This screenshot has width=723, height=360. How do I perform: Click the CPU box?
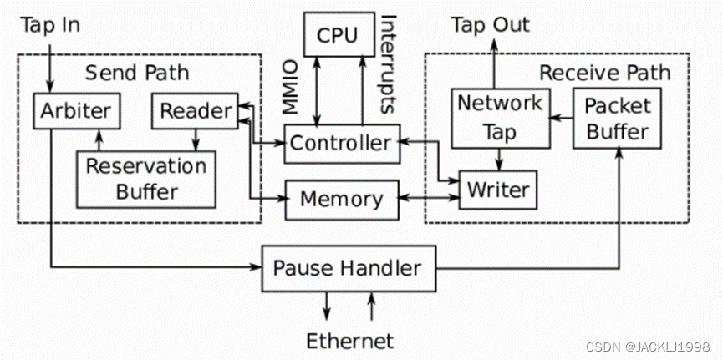[337, 35]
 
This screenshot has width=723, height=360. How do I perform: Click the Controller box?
[339, 143]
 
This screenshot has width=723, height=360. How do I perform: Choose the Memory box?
[341, 200]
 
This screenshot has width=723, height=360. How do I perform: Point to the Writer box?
[497, 190]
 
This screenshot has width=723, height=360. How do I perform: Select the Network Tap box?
[499, 117]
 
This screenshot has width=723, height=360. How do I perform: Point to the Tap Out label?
[491, 25]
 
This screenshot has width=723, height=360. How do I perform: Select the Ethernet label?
[349, 341]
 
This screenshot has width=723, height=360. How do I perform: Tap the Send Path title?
[137, 73]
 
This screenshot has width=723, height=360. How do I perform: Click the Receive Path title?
[603, 73]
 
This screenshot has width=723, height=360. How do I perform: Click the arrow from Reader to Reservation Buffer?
[194, 139]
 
